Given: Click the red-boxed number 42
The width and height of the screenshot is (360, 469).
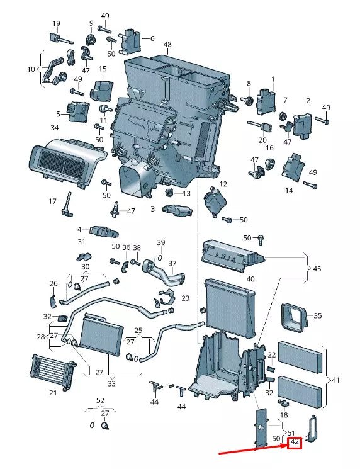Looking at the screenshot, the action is click(295, 442).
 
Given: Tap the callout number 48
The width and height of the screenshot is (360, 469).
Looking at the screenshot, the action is click(167, 44).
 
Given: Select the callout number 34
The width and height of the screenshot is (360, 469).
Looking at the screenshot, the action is click(54, 128).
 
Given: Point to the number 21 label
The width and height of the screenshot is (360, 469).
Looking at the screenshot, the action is click(53, 392).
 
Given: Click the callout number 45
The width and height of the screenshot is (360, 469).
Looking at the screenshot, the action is click(317, 269).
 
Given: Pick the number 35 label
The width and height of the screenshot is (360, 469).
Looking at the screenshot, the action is click(318, 315).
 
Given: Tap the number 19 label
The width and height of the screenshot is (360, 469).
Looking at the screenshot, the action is click(56, 23).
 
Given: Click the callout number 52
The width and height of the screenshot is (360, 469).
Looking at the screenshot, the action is click(101, 400).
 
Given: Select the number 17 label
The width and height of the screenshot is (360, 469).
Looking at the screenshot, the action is click(52, 201).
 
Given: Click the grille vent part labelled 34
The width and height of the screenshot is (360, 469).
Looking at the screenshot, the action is click(67, 162).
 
